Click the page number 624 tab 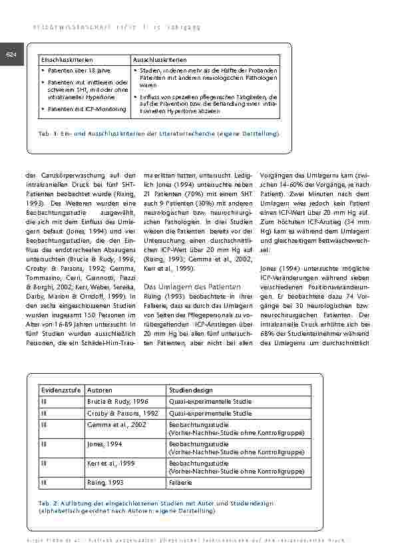11,55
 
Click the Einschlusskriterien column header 65,60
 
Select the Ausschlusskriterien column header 160,60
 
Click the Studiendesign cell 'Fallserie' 181,480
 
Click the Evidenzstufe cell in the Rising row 45,480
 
